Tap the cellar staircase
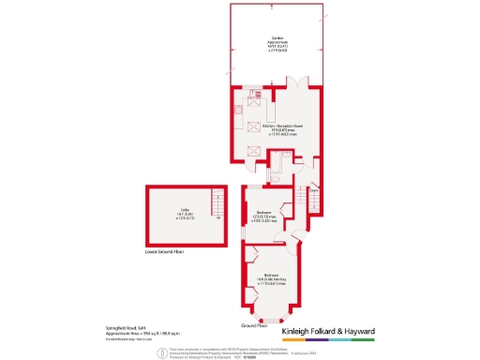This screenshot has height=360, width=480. click(217, 202)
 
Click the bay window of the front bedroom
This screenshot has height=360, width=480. click(272, 318)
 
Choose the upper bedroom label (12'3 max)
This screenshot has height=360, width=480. click(263, 215)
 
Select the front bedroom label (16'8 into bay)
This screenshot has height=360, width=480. click(271, 277)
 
